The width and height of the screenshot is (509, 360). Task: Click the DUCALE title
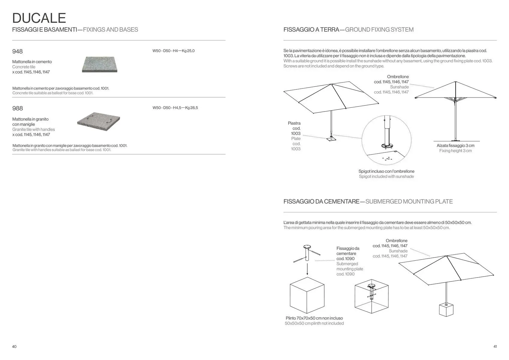(39, 18)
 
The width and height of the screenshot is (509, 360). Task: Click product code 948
(17, 51)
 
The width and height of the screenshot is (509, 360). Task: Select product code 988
(17, 108)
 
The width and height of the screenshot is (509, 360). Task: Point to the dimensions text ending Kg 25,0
(173, 51)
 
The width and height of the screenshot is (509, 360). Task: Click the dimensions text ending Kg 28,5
(175, 108)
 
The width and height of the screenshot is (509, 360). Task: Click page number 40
(14, 346)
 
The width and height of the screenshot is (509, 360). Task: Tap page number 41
(495, 346)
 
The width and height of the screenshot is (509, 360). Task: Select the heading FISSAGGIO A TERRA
(311, 30)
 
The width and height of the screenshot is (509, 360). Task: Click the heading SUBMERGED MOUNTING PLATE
(409, 201)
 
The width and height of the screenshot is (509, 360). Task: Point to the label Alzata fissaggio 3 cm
(455, 145)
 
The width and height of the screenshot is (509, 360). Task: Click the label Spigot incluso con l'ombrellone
(386, 171)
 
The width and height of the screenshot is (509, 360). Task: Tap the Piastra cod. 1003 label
(294, 128)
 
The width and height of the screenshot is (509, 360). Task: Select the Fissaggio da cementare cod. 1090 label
(348, 253)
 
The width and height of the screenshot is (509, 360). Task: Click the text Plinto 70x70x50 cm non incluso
(314, 318)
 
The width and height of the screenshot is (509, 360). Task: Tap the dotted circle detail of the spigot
(386, 140)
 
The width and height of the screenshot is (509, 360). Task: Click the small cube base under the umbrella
(446, 309)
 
